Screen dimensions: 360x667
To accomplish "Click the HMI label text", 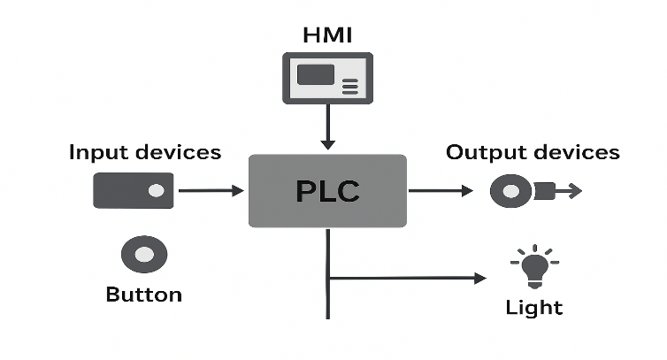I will point(327,35).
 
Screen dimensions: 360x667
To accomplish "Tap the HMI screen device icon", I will point(327,78).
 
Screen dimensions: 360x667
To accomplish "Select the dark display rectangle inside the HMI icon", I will point(316,74).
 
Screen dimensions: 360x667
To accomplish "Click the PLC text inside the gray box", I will point(327,191).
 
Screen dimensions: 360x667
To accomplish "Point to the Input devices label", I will point(145,152).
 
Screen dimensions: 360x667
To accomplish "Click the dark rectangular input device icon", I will point(133,189).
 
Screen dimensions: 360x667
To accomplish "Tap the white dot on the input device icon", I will point(157,189).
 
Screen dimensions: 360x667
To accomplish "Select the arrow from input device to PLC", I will point(211,189).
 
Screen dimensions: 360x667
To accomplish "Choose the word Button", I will point(143,295).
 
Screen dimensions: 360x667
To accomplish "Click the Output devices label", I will point(533,152).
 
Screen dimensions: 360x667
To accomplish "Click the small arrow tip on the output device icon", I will point(571,189).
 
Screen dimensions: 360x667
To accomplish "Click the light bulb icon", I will point(533,266).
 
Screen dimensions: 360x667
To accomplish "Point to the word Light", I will point(533,308).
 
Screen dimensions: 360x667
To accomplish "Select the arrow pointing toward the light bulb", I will point(407,278).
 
